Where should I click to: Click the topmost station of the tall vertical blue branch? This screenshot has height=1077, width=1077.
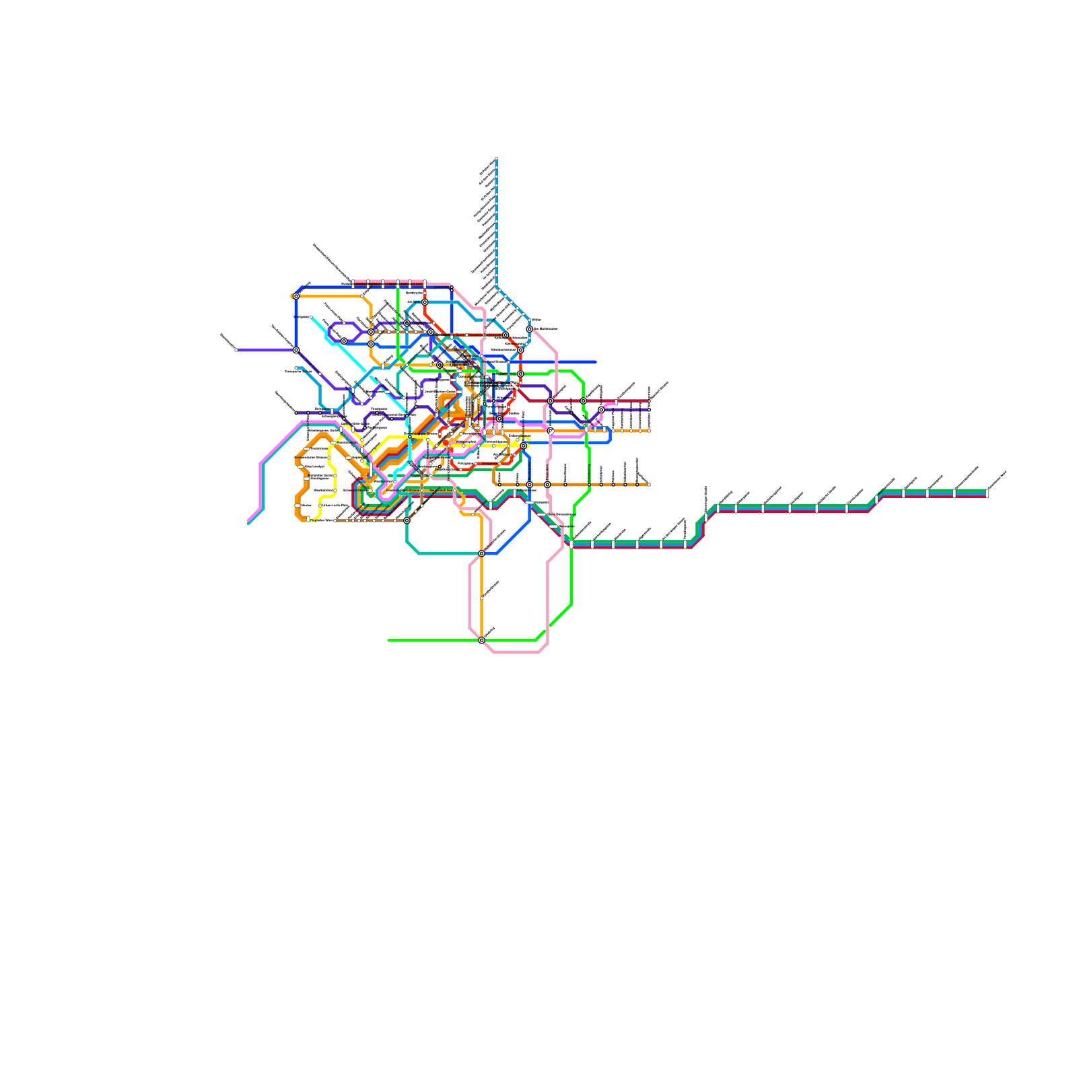pos(497,159)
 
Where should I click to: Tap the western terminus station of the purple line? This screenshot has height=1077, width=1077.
pos(236,350)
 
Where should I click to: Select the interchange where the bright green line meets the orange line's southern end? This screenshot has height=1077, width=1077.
pos(481,640)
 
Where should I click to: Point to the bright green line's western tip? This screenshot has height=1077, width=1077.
pos(389,640)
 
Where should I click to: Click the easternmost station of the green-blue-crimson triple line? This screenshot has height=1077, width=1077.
pos(987,493)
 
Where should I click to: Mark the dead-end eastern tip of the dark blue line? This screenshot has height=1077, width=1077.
pos(596,362)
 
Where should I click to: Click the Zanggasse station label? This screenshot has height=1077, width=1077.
pos(489,464)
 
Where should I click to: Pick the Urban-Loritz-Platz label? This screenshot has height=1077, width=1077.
pos(335,505)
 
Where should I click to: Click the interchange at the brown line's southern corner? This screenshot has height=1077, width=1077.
pos(407,520)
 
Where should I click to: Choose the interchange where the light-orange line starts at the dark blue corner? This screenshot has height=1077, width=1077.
pos(296,296)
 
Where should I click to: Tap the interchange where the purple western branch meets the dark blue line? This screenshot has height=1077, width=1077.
pos(296,350)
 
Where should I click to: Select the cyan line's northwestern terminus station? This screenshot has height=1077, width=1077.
pos(311,317)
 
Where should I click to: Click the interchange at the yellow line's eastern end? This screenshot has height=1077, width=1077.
pos(523,446)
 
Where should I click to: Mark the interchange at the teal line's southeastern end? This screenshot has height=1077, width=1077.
pos(481,553)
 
